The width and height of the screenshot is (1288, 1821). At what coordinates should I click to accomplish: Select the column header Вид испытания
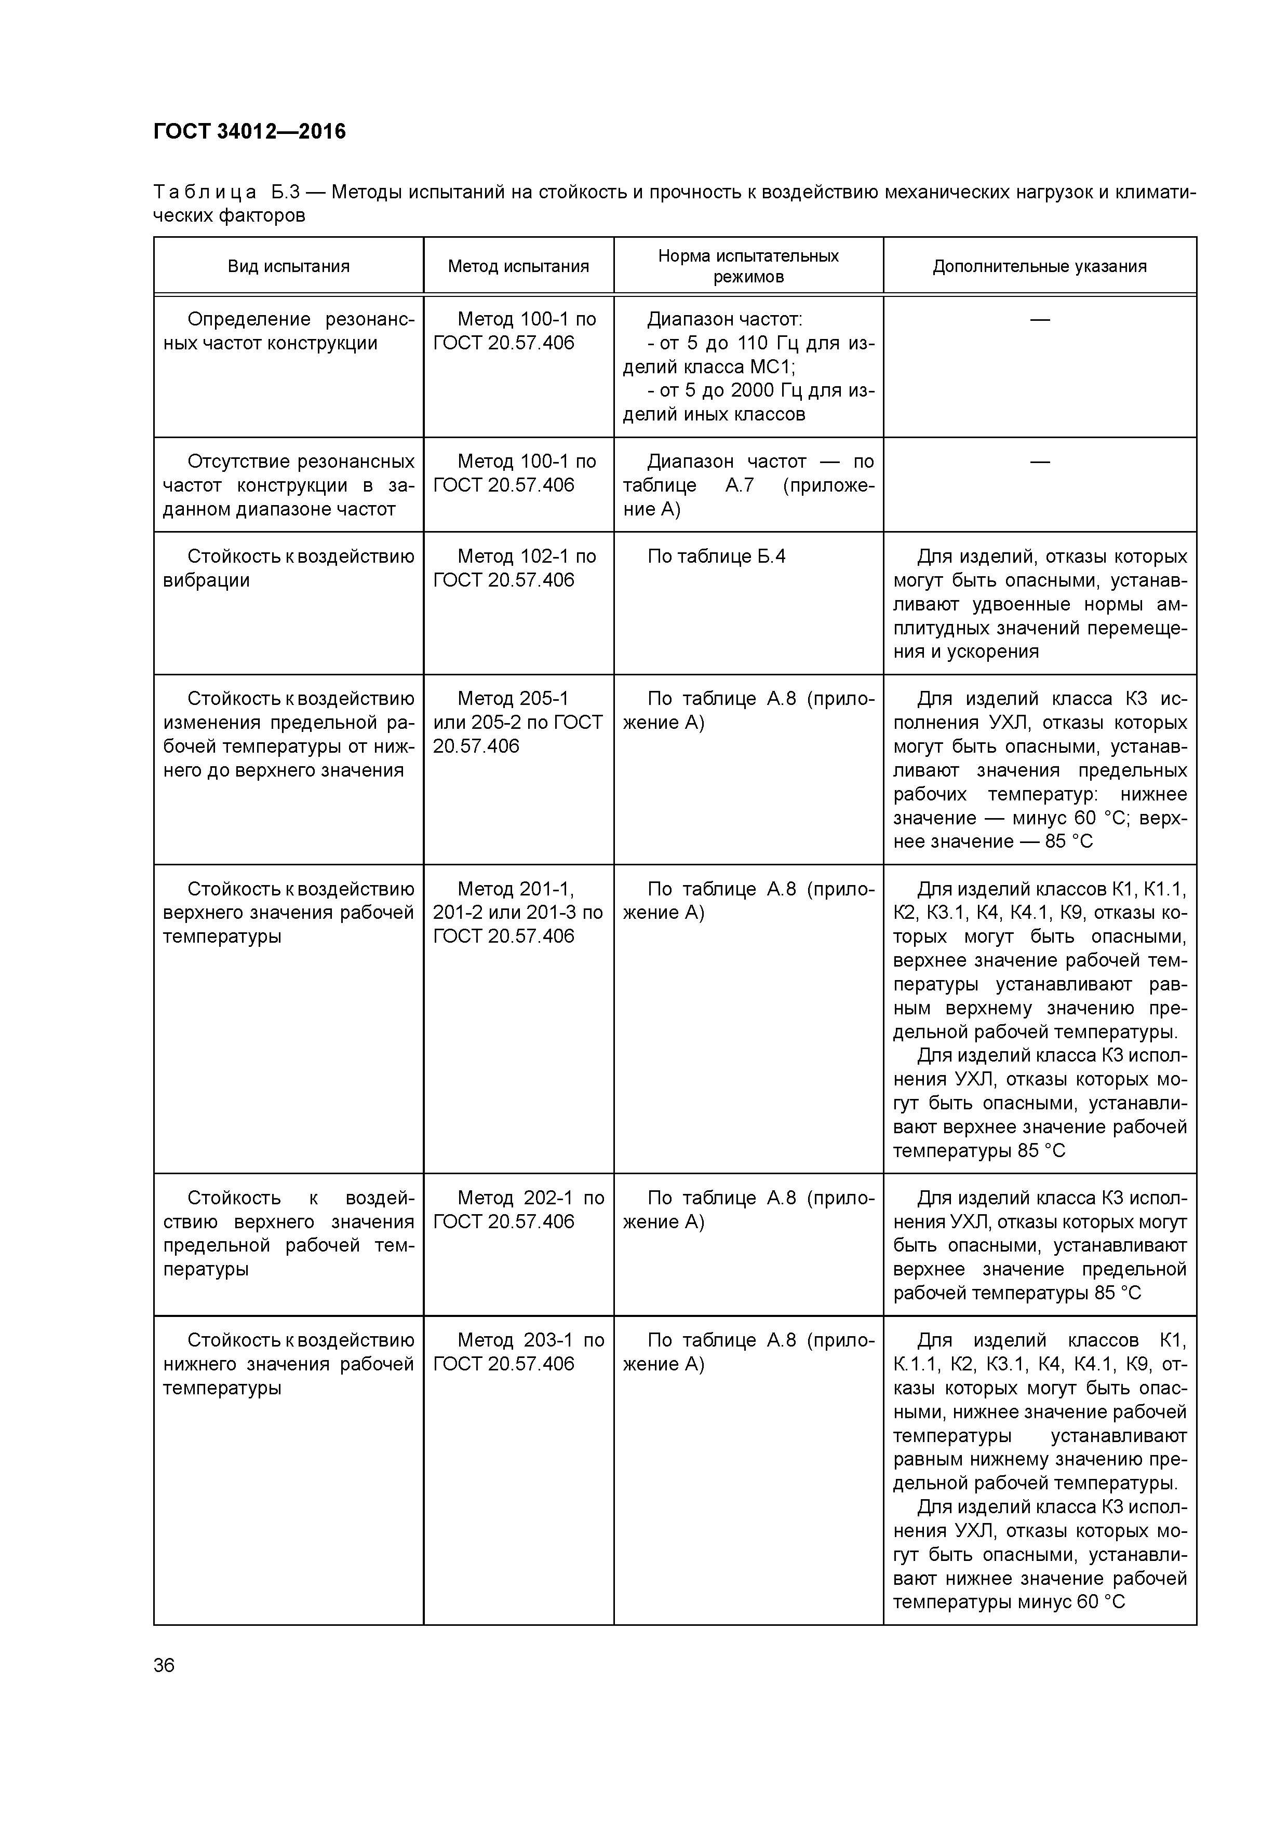pos(288,266)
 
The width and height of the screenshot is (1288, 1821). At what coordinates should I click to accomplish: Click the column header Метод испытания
pos(518,266)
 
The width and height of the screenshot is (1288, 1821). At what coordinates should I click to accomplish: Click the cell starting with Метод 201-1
pos(517,912)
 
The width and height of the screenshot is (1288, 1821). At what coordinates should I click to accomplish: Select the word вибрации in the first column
pos(206,580)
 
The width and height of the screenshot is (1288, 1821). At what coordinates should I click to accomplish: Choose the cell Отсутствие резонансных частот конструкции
pos(288,485)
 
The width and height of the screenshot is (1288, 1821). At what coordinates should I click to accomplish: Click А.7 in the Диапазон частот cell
pos(739,485)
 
